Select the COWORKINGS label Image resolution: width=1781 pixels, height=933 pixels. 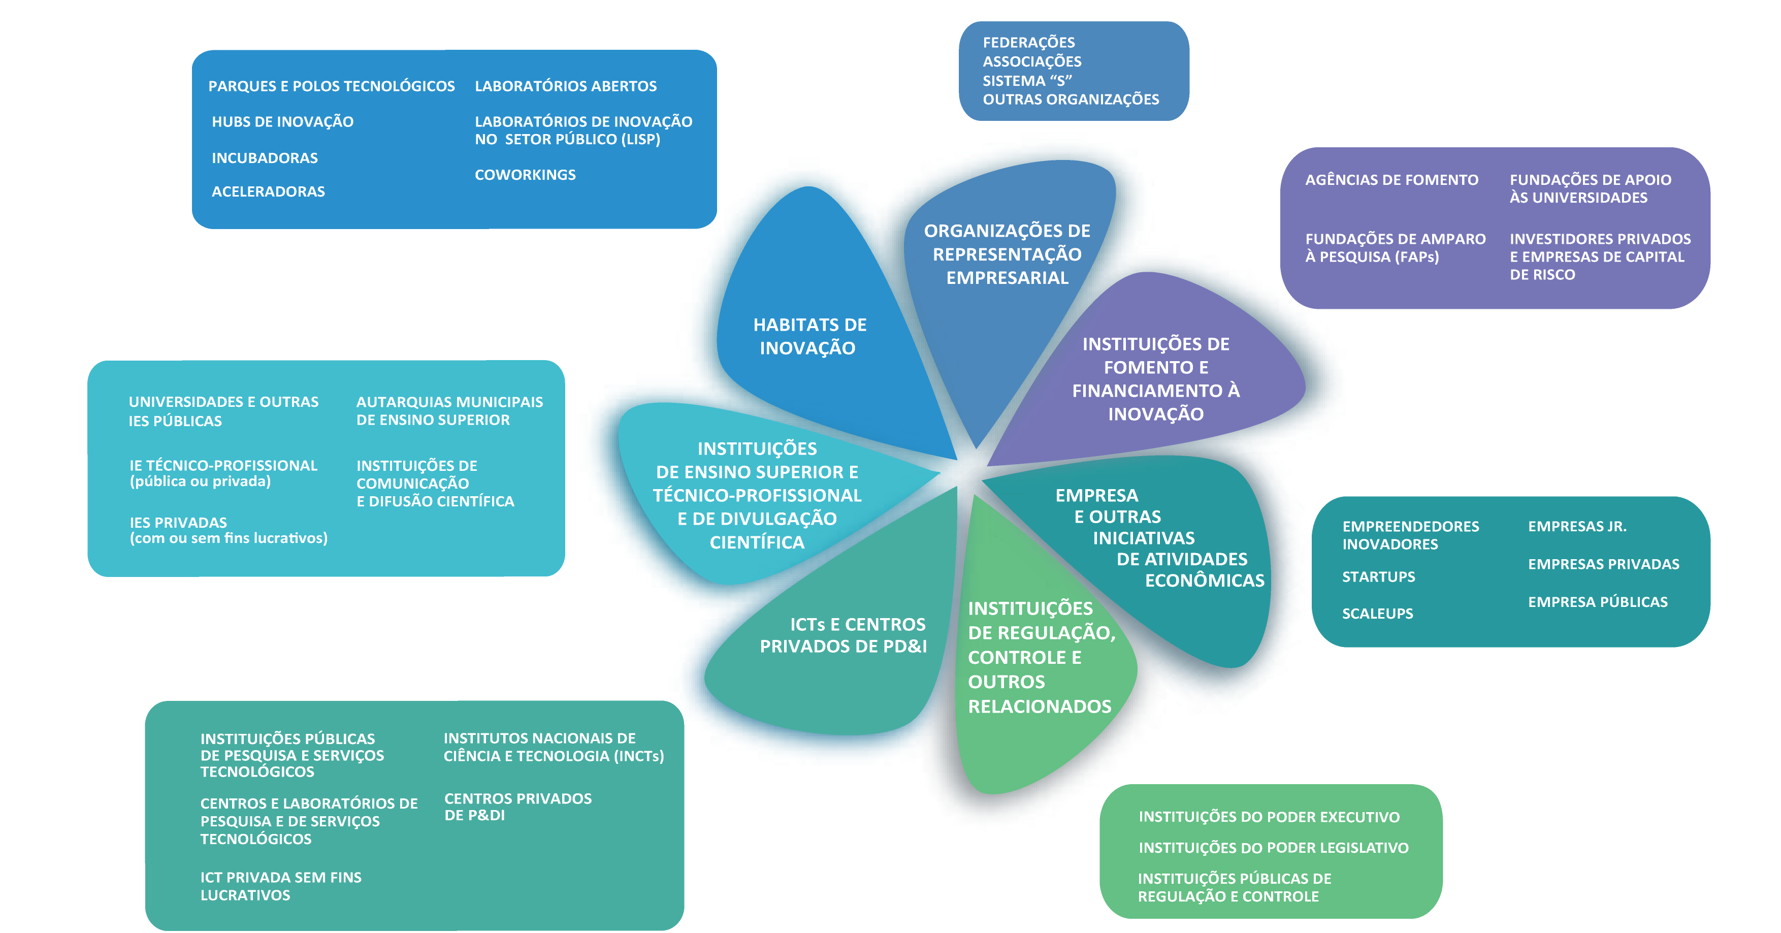coord(525,175)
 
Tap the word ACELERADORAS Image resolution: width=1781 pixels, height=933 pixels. coord(268,191)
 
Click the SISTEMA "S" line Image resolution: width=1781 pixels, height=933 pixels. coord(1027,81)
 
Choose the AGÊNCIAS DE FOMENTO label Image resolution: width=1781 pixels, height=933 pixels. coord(1391,180)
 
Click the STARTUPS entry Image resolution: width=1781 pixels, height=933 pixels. coord(1378,577)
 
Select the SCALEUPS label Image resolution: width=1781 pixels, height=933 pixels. coord(1377,614)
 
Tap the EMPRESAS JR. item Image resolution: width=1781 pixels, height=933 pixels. coord(1576,526)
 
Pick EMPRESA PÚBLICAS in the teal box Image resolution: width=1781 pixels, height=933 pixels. coord(1597,602)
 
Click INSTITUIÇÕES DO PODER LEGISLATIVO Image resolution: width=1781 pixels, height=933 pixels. coord(1273,848)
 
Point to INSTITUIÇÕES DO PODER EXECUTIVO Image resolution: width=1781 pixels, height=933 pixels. coord(1269,817)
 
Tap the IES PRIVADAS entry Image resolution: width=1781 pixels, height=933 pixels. coord(228,530)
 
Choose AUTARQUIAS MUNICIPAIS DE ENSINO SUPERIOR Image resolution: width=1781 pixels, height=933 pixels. coord(449,411)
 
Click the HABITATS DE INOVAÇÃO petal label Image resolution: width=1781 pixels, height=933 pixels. coord(809,336)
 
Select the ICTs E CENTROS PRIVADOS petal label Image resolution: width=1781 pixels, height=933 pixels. coord(843,635)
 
